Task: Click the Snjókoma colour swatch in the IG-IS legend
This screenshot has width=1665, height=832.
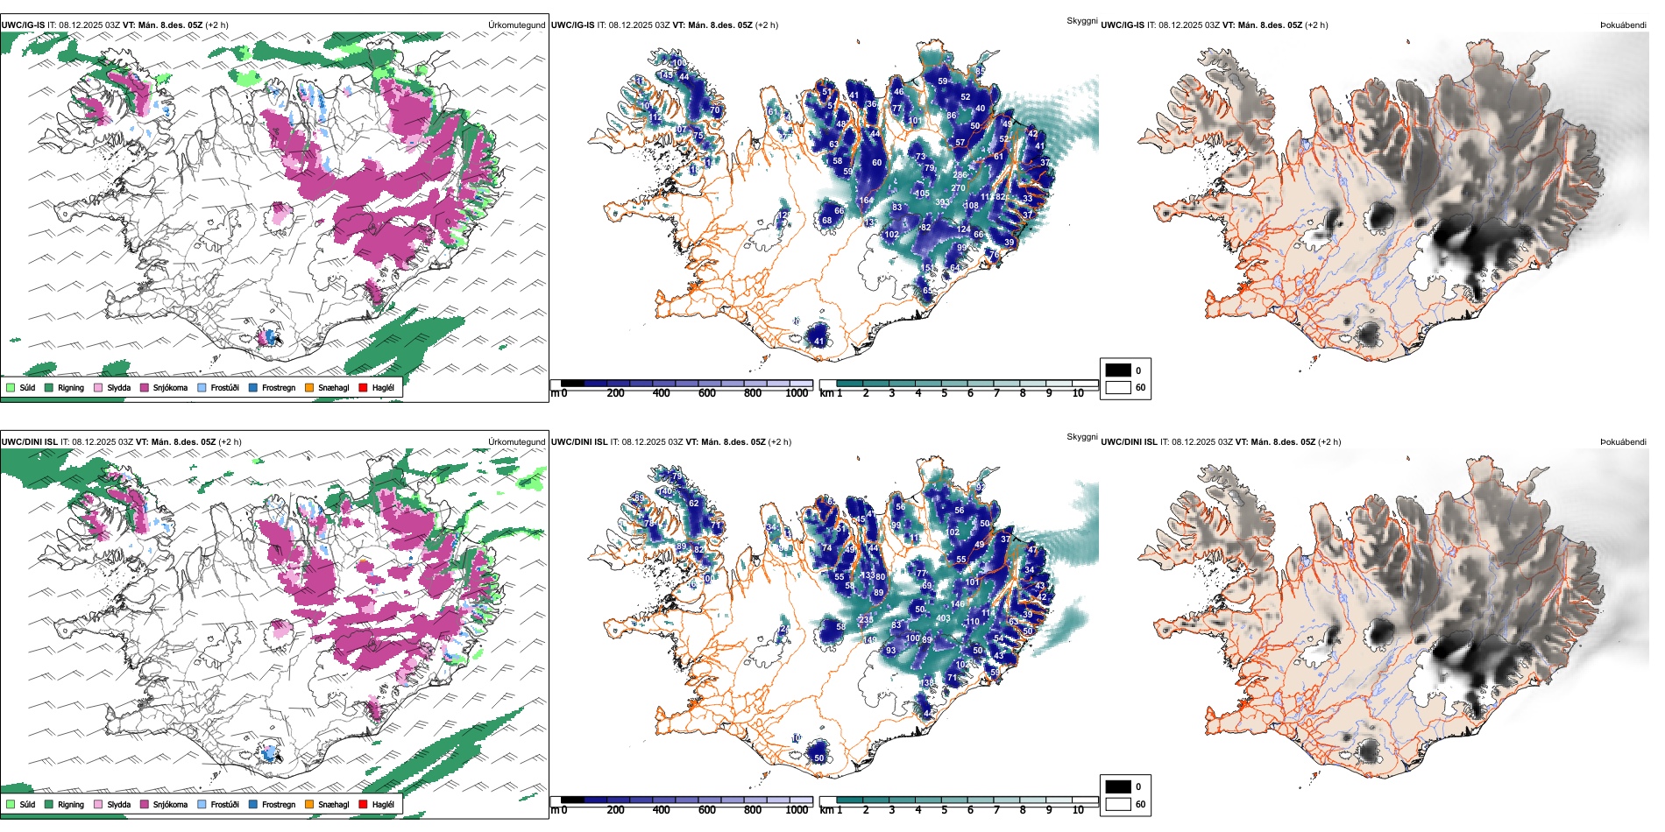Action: (x=145, y=387)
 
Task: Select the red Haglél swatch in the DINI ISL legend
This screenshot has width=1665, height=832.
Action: (x=363, y=804)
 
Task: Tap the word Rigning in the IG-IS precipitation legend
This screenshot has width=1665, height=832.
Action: (x=71, y=387)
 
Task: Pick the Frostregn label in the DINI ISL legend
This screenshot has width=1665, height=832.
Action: (x=279, y=804)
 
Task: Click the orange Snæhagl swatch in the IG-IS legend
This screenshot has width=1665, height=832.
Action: (x=309, y=387)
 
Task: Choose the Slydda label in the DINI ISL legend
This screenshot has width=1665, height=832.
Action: (x=118, y=804)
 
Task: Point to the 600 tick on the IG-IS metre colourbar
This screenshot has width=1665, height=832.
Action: (x=706, y=393)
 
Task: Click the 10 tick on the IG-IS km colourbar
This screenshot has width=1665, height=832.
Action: (x=1078, y=393)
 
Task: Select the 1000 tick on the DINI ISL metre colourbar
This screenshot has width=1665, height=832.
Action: (x=797, y=810)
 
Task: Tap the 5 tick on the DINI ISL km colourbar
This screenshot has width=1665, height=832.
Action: (x=944, y=810)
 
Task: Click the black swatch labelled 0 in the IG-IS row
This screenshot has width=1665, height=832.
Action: (x=1118, y=370)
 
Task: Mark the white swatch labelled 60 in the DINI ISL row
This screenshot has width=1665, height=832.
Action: (x=1118, y=804)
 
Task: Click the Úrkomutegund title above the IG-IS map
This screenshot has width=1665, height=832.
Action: (x=516, y=25)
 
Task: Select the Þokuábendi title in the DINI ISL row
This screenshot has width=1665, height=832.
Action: (x=1623, y=441)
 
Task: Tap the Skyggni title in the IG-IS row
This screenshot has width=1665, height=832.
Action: (x=1081, y=20)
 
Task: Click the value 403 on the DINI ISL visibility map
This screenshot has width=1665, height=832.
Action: (x=943, y=618)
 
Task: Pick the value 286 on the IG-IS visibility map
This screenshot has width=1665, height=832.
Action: (x=960, y=175)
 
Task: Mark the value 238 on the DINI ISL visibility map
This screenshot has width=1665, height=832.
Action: (x=866, y=619)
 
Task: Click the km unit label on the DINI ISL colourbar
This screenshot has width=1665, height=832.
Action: (x=825, y=810)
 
